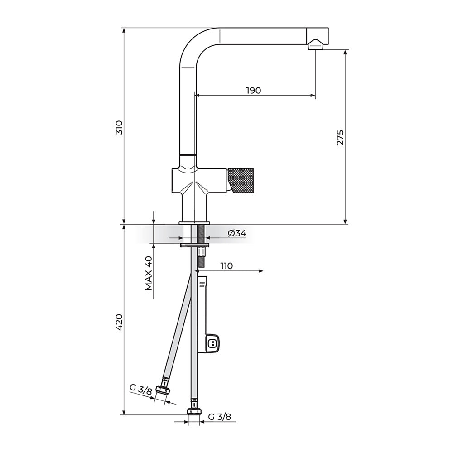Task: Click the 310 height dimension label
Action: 119,127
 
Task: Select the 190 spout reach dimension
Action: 253,91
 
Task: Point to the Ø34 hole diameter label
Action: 237,233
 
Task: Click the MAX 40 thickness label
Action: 149,273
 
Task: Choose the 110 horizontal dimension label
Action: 226,266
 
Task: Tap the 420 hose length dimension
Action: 119,323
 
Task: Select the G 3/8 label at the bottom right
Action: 220,417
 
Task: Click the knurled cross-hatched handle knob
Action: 241,181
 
